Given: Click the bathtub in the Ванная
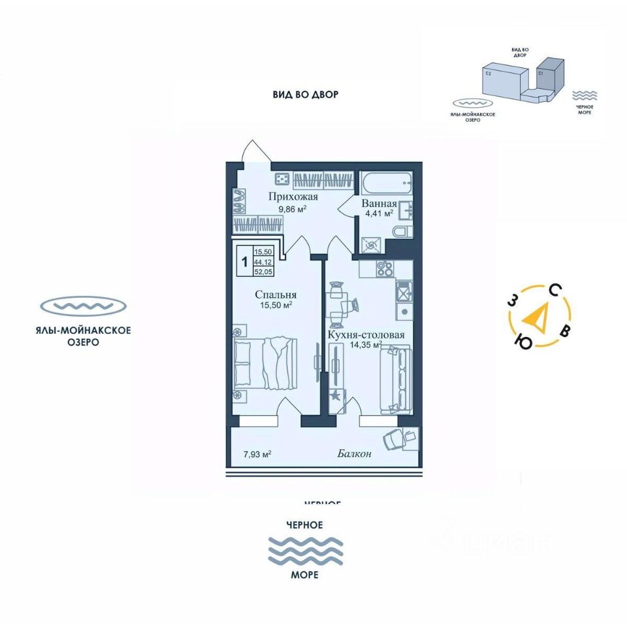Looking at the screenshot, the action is pos(385,182).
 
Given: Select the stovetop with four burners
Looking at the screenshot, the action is pos(383,270).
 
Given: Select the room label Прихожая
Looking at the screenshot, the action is pos(293,197).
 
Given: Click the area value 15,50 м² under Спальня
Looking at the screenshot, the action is pos(273,305).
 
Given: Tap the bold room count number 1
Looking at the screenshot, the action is pos(244,262).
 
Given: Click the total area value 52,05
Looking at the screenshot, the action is pos(264,273).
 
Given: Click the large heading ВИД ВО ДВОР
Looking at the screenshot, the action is pos(306,95).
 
